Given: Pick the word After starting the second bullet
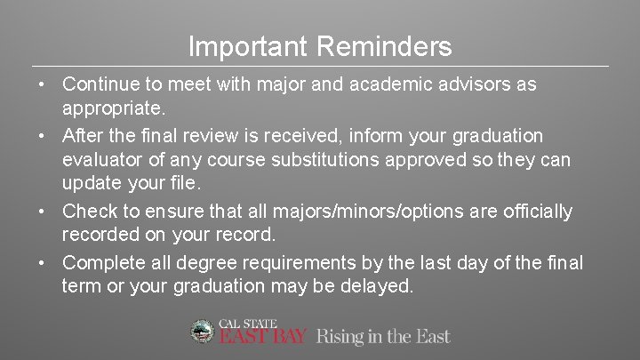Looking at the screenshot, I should tap(84, 136).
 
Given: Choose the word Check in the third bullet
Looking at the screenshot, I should tap(88, 212).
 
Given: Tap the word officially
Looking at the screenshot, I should tap(532, 212).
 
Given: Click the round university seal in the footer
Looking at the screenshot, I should tap(204, 332).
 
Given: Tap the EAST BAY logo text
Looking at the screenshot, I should tap(263, 337).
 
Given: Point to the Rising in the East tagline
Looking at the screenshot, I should tap(383, 336).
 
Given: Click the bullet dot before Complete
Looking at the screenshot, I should tap(43, 263).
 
